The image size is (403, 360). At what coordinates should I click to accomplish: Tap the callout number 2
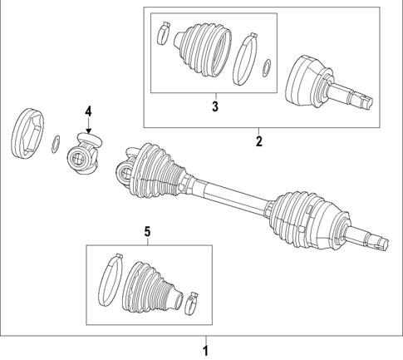click(x=258, y=141)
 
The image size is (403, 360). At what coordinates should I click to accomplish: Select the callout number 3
click(x=214, y=106)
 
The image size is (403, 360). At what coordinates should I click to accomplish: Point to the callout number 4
click(x=87, y=110)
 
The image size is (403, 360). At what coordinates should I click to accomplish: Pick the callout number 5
click(x=148, y=233)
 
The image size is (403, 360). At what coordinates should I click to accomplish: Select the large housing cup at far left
click(x=27, y=132)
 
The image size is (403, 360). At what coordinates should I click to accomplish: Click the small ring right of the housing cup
click(x=56, y=143)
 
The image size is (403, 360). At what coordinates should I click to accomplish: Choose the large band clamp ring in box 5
click(x=111, y=280)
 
